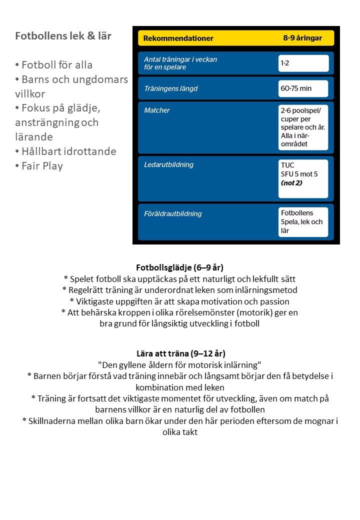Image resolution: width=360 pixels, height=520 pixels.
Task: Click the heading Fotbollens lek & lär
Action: click(x=63, y=36)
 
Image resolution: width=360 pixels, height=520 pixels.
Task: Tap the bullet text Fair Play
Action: click(x=42, y=166)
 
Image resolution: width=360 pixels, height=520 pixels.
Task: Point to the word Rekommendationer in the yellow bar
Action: click(x=178, y=38)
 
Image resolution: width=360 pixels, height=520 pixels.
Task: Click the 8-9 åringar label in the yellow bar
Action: click(x=302, y=38)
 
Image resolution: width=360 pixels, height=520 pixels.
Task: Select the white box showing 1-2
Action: click(x=303, y=63)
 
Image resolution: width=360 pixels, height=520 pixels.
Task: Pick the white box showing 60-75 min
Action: click(x=303, y=88)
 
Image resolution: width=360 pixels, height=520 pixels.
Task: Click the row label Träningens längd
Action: click(x=170, y=88)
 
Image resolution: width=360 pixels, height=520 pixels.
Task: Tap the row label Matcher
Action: click(x=157, y=110)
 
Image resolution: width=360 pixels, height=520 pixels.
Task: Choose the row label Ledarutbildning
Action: click(x=168, y=164)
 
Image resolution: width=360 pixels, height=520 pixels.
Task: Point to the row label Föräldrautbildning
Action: click(x=173, y=213)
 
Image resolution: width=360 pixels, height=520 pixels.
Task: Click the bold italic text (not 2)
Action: click(x=291, y=182)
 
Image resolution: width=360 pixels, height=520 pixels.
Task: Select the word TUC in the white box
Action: click(x=287, y=165)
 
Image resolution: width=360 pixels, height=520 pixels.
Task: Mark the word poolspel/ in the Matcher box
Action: click(x=309, y=109)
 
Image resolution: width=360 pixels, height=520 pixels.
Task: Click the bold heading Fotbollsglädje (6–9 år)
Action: click(x=180, y=267)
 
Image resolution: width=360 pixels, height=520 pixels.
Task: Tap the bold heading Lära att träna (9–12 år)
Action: click(x=180, y=353)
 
